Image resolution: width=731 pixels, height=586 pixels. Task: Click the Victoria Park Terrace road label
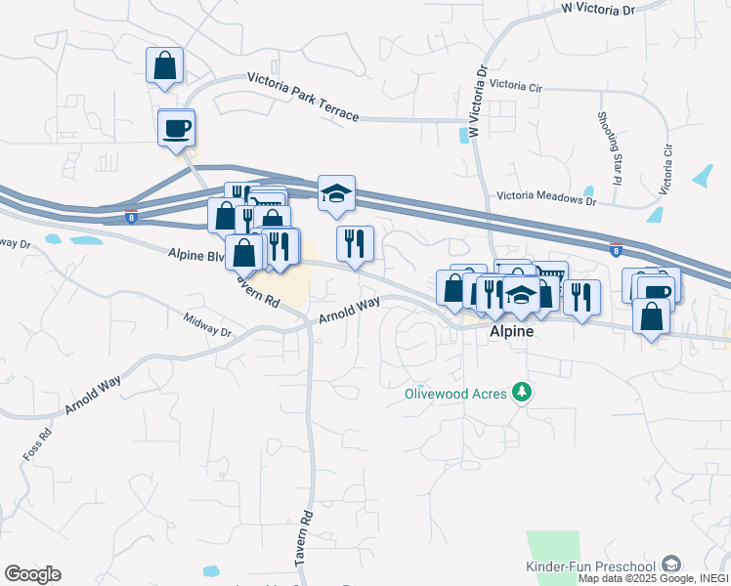303,97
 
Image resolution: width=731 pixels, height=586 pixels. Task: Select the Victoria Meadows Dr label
546,199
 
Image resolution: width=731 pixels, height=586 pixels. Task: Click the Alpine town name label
511,332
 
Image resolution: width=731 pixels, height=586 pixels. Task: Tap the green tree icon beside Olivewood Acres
524,392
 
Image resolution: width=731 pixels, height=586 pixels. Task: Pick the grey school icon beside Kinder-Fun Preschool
670,564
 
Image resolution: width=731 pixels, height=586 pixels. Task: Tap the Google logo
32,574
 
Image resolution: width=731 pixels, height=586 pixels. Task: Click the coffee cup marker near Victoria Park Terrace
176,128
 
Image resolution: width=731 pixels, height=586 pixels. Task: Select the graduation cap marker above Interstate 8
336,193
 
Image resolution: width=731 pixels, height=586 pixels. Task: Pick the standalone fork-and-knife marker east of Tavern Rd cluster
355,243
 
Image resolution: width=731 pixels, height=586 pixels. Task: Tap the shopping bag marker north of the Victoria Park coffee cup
164,65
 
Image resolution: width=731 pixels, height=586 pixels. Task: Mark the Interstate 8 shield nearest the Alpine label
616,250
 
